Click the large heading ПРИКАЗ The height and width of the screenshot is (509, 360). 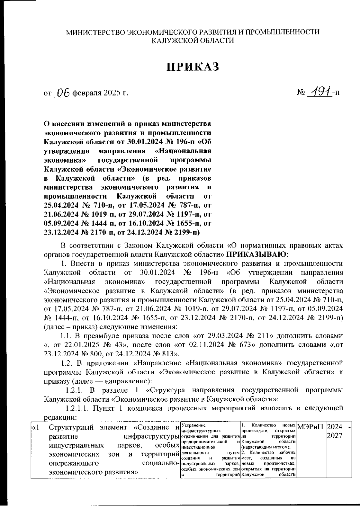(193, 67)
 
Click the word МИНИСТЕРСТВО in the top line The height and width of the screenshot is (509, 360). (95, 32)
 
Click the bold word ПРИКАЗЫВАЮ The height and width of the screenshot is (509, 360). (256, 254)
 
